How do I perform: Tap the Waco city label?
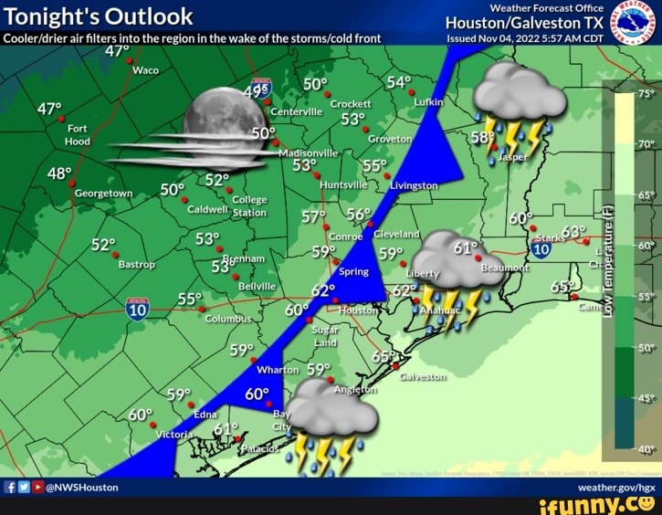click(146, 69)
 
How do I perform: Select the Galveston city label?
click(423, 376)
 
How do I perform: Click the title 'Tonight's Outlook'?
click(99, 16)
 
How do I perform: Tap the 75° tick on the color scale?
click(646, 93)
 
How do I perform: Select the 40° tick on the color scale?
click(646, 448)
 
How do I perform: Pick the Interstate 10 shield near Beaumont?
click(541, 248)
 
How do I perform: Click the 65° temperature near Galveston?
click(384, 356)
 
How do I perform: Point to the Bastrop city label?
click(137, 265)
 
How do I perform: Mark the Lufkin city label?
click(428, 104)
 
